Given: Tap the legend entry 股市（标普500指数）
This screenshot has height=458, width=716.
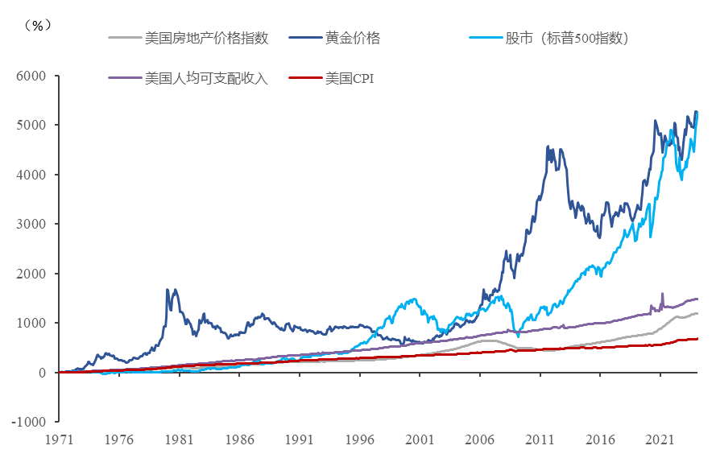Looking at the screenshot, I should point(567,38).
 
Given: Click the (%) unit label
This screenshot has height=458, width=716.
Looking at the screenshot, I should point(38,25).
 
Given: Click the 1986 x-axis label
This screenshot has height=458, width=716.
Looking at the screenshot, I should point(239,440).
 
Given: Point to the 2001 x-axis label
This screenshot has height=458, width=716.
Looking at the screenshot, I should point(420,440).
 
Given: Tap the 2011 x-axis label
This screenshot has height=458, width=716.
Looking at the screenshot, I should point(540,440).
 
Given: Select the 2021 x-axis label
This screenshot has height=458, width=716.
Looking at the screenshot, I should point(660,440).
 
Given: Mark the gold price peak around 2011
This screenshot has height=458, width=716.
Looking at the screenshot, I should point(548,146).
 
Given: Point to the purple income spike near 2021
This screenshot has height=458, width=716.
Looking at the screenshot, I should point(662,294).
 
